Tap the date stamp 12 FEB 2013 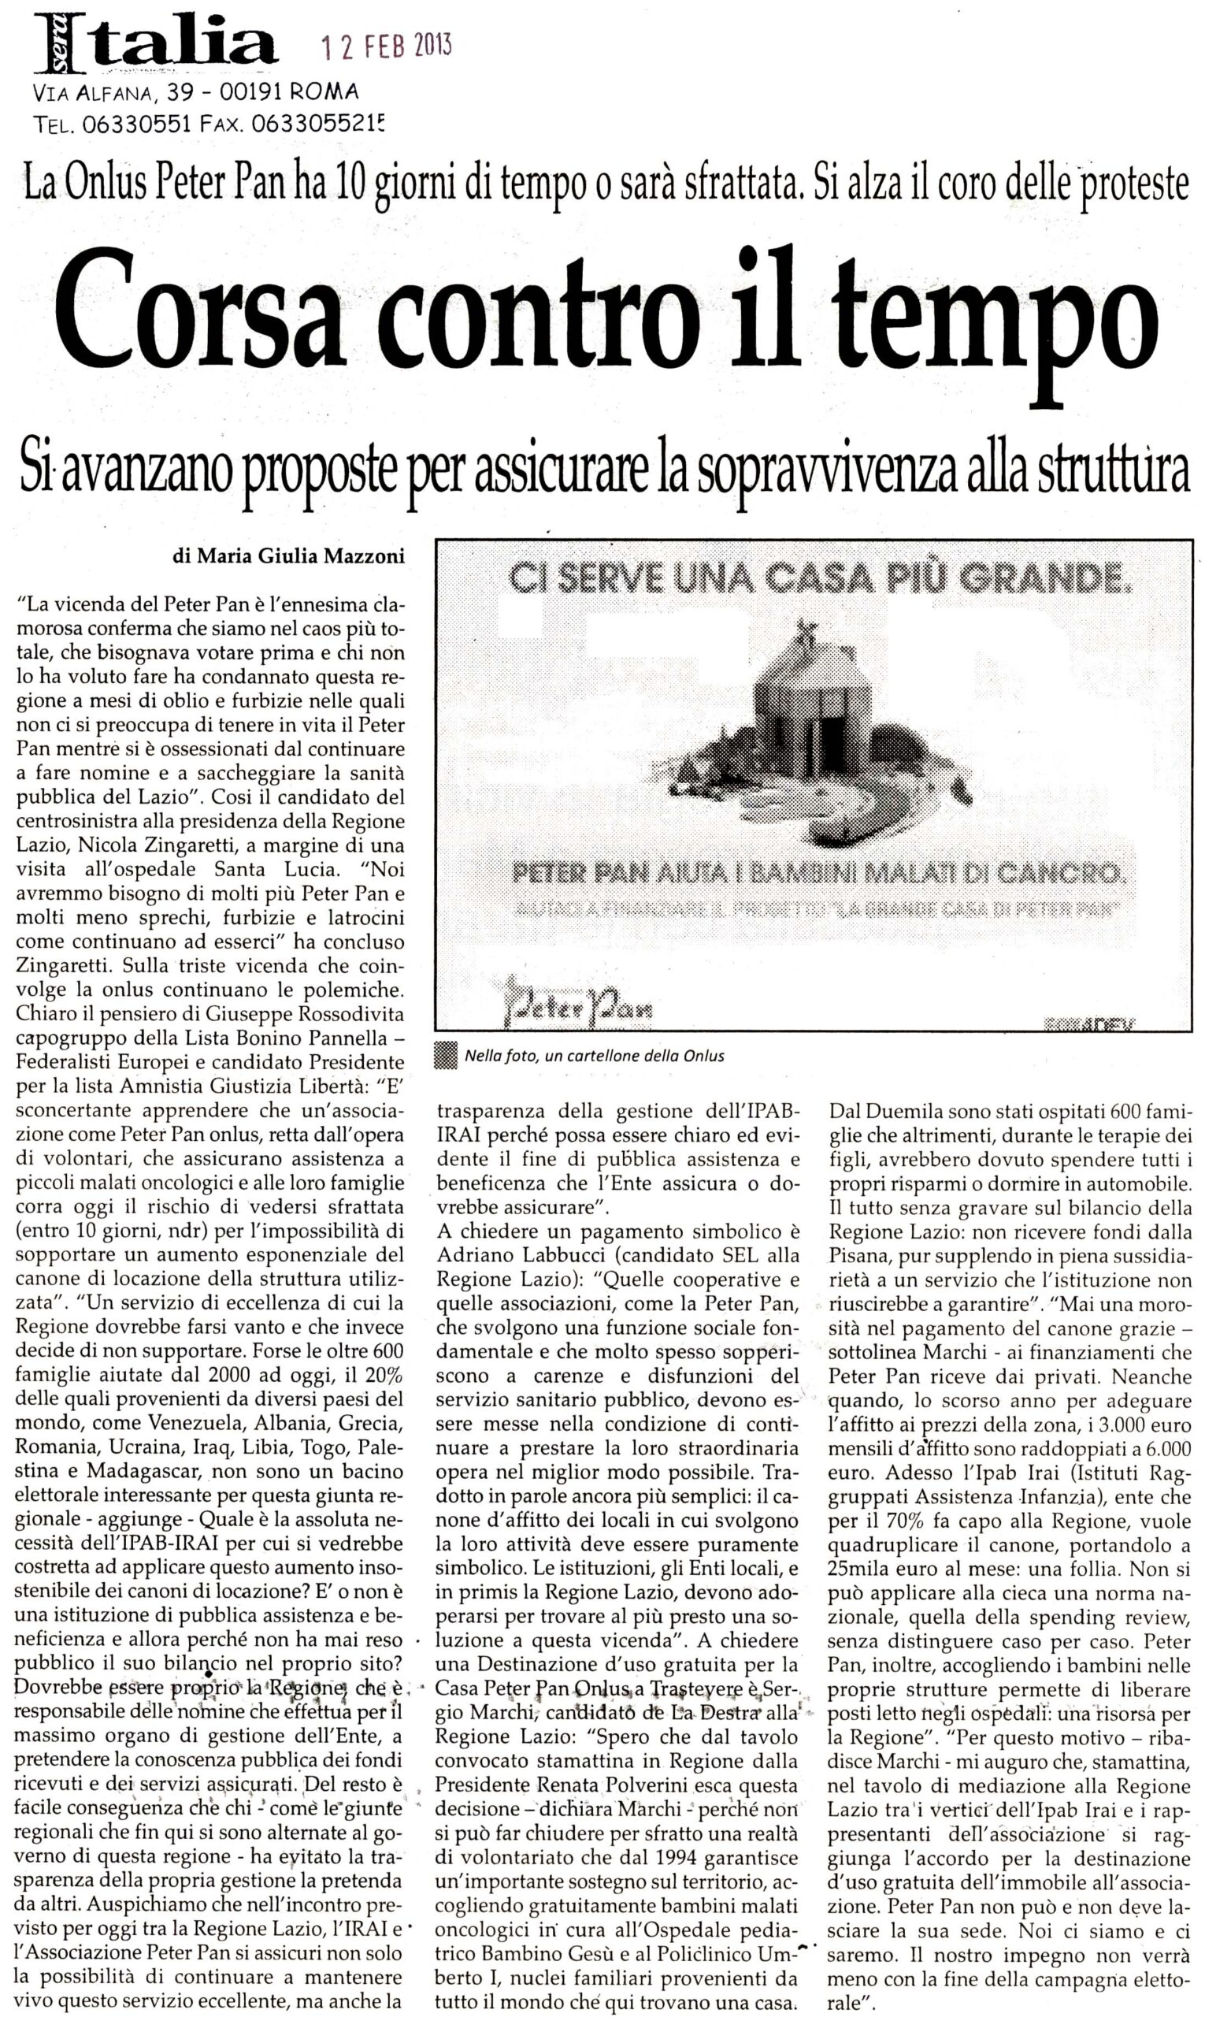(387, 47)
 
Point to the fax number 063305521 (317, 124)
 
